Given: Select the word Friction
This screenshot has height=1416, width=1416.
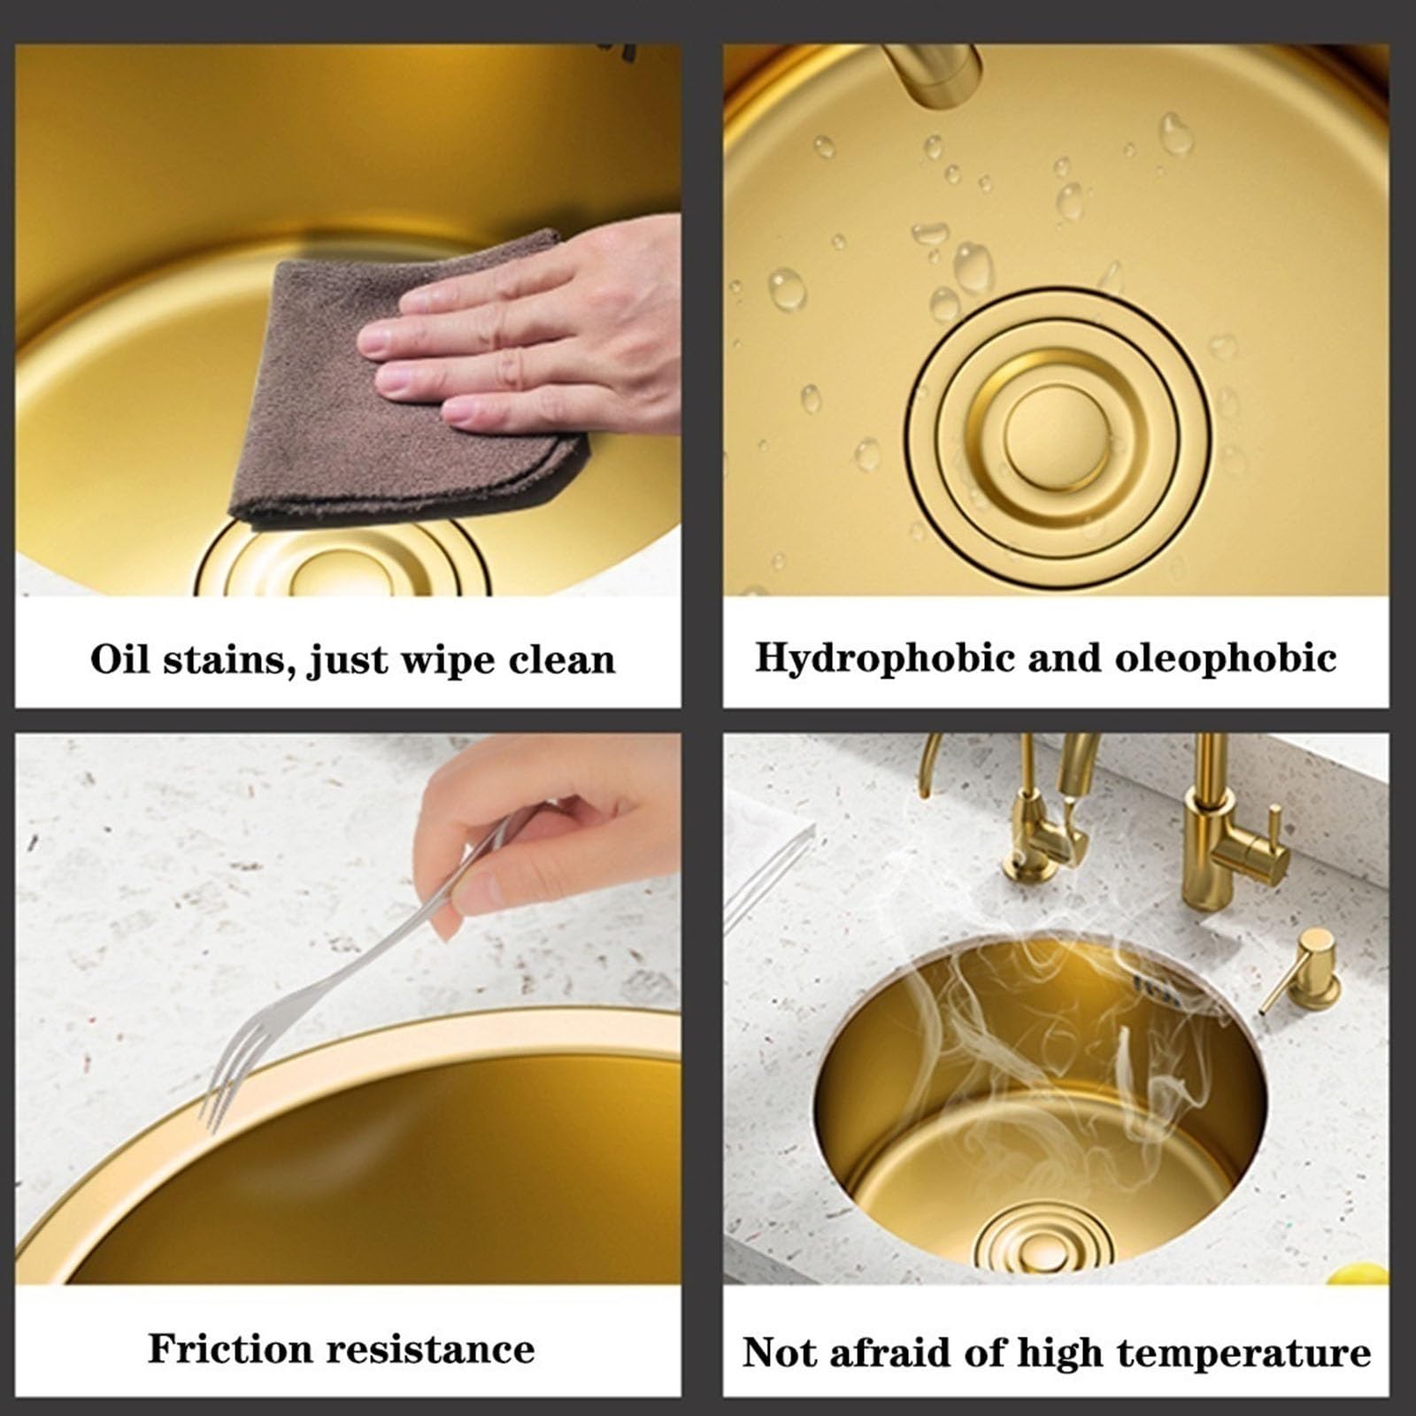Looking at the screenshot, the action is click(230, 1349).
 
